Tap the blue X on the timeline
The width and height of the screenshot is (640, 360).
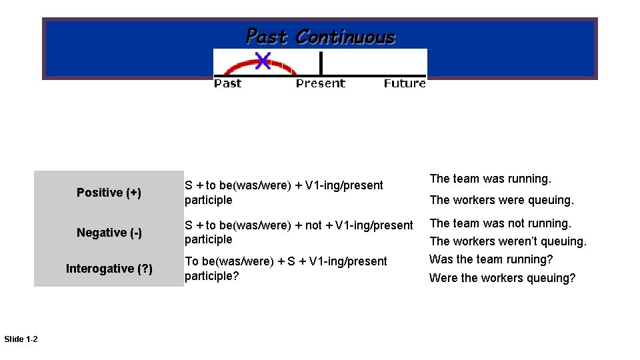[x=263, y=61]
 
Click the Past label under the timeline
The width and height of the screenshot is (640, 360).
[x=227, y=83]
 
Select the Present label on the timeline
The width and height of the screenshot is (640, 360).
[x=321, y=83]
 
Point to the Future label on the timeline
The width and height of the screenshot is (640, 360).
[x=405, y=83]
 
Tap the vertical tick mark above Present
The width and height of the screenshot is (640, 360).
[x=321, y=63]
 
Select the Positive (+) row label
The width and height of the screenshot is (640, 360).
[x=109, y=193]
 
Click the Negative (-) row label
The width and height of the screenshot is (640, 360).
[x=109, y=233]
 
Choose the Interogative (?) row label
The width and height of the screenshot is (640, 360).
[x=109, y=269]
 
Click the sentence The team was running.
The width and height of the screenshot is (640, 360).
[x=490, y=179]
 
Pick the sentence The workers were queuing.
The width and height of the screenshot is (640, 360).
[x=501, y=200]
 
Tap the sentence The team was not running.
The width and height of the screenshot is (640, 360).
[x=500, y=223]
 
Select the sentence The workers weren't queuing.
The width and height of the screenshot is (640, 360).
[x=507, y=241]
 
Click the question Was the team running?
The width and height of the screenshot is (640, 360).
[x=491, y=259]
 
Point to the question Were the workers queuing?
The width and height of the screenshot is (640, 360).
[x=502, y=278]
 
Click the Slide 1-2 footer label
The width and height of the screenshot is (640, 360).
[x=21, y=340]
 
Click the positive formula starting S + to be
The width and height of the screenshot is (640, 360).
[x=283, y=193]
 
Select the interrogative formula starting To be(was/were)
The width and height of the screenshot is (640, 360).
[x=285, y=268]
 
